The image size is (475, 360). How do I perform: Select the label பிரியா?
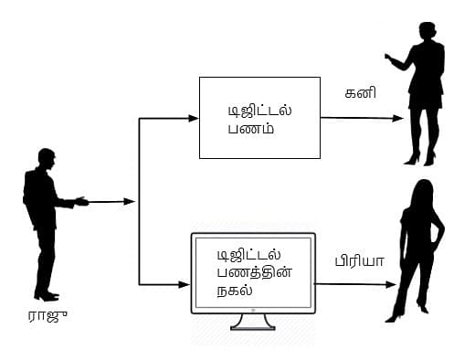tap(360, 261)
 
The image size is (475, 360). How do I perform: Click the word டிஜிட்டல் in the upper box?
tap(260, 111)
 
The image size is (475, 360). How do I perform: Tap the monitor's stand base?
tap(252, 324)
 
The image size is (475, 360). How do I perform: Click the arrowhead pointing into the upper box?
tap(193, 119)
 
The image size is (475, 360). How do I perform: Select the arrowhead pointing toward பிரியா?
tap(393, 284)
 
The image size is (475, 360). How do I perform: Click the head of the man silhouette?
tap(46, 158)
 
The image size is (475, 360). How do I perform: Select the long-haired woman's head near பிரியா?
tap(422, 194)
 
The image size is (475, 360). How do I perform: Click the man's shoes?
tap(46, 295)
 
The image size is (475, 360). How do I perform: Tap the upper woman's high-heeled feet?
tap(422, 159)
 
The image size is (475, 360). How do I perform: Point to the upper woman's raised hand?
tap(389, 58)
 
